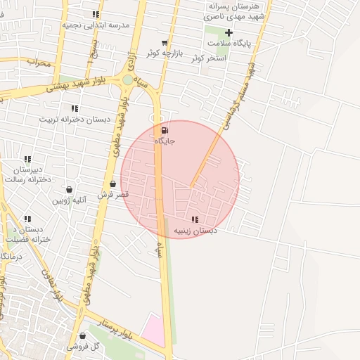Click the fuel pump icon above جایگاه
coord(165,131)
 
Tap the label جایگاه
coord(165,141)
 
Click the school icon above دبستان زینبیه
coord(195,220)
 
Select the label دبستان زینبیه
coord(195,230)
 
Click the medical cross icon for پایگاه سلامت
coord(229,33)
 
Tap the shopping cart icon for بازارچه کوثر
coord(165,43)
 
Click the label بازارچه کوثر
coord(165,53)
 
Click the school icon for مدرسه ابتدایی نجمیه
coord(95,15)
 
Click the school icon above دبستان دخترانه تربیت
coord(75,108)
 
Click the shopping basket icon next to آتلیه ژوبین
coord(70,189)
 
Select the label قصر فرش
coord(114,193)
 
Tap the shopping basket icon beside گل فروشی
coord(84,336)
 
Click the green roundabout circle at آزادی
coord(127,80)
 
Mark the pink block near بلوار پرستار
coord(155,330)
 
